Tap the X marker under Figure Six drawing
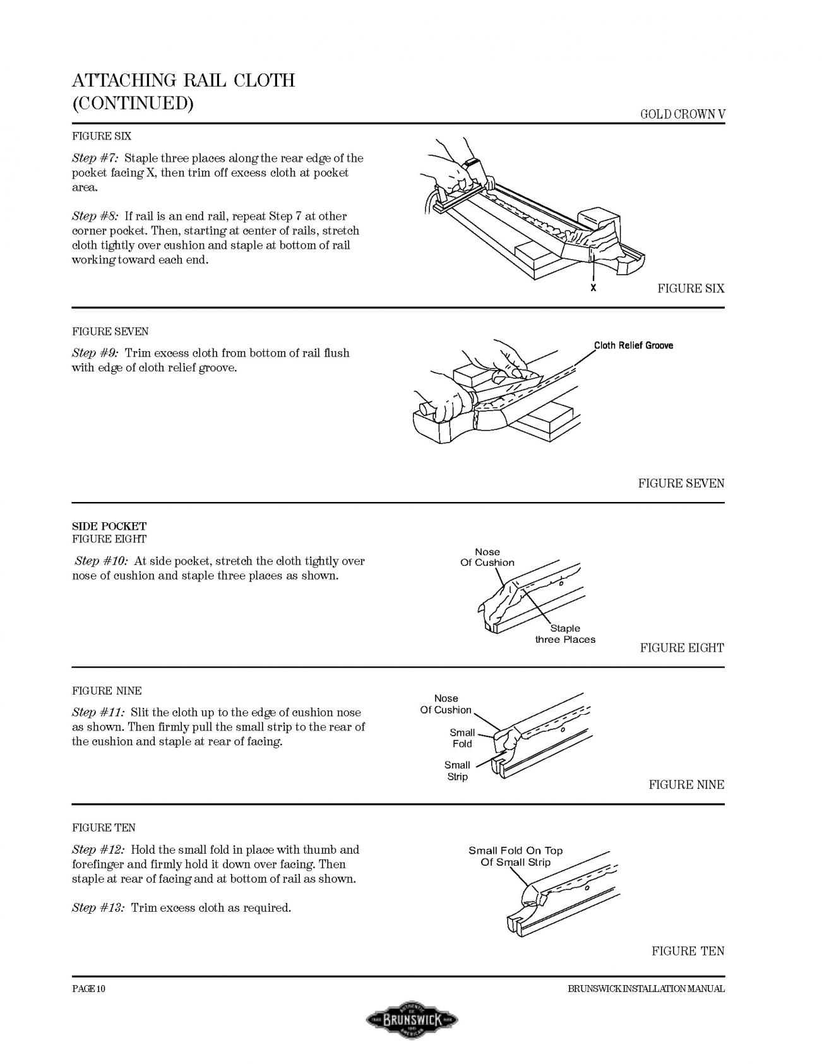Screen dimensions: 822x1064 click(593, 288)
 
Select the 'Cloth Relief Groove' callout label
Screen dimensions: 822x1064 click(633, 345)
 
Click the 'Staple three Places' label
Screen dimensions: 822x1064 click(565, 634)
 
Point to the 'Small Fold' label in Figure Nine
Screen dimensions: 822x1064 click(462, 738)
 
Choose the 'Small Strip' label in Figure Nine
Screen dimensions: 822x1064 click(457, 771)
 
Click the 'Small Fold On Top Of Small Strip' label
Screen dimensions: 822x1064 click(515, 856)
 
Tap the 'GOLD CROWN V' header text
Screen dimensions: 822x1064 click(682, 114)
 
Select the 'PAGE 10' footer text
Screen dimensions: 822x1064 click(88, 989)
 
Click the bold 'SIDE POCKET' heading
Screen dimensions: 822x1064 click(109, 526)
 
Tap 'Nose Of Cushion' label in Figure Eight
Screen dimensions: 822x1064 click(487, 557)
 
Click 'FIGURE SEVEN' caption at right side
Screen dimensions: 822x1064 click(681, 484)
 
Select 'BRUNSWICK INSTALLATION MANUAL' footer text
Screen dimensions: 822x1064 click(646, 989)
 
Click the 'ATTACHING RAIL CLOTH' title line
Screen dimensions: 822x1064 click(183, 81)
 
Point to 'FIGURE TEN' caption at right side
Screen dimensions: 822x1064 click(688, 951)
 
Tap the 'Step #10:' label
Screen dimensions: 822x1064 click(102, 561)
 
